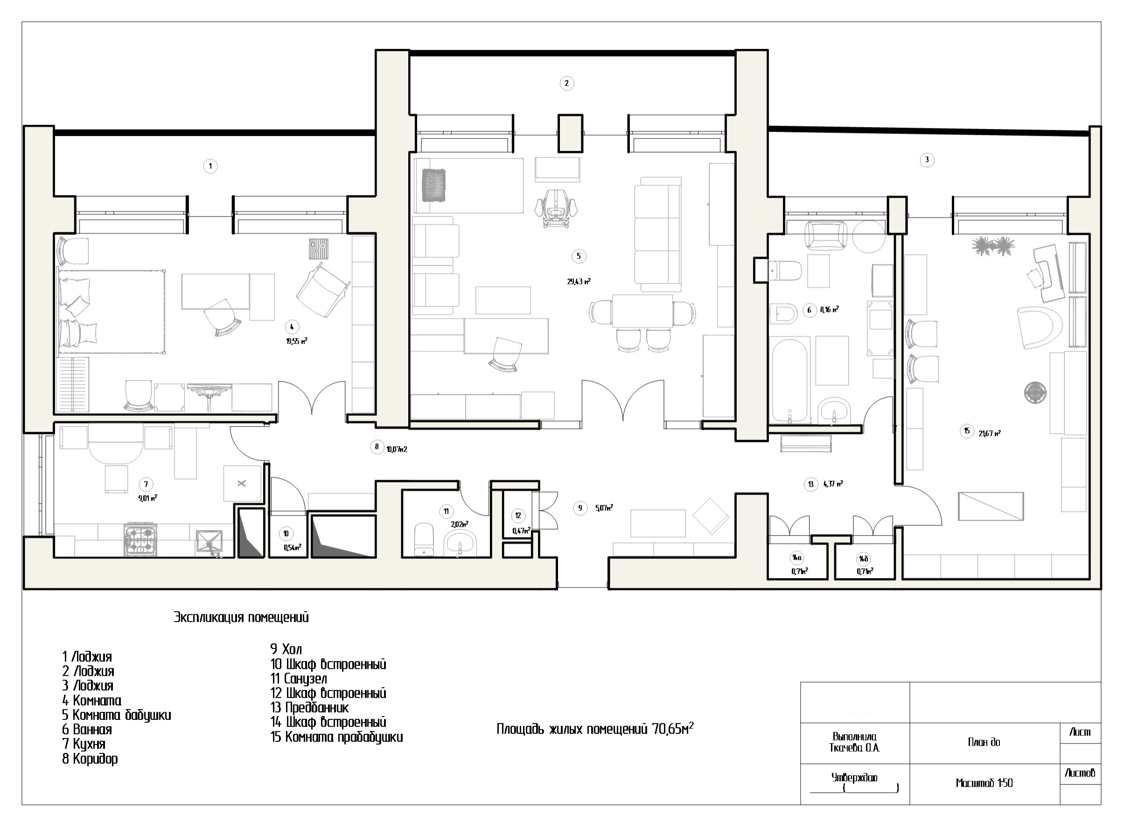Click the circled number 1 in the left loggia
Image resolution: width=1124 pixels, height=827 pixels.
(210, 165)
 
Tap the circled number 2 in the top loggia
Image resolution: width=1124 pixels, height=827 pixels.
(566, 83)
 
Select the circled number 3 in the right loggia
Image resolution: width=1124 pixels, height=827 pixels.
(927, 160)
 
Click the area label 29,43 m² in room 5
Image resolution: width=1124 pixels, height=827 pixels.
(579, 282)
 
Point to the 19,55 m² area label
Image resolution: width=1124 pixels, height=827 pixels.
(297, 341)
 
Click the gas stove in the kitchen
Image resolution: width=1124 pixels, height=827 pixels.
(140, 540)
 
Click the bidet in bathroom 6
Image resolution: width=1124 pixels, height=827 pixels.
(783, 313)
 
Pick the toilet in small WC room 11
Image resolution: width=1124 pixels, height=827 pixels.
(424, 540)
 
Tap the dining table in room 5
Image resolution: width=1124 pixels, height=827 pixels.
(642, 311)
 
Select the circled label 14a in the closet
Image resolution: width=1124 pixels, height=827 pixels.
(796, 558)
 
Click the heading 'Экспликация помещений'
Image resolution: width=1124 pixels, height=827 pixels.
(241, 617)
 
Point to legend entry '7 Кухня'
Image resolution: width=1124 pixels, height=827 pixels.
(84, 744)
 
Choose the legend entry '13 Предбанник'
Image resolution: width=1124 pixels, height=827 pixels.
(309, 707)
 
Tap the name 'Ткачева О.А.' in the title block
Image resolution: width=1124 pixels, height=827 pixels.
(854, 748)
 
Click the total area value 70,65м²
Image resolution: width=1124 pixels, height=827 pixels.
(673, 728)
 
